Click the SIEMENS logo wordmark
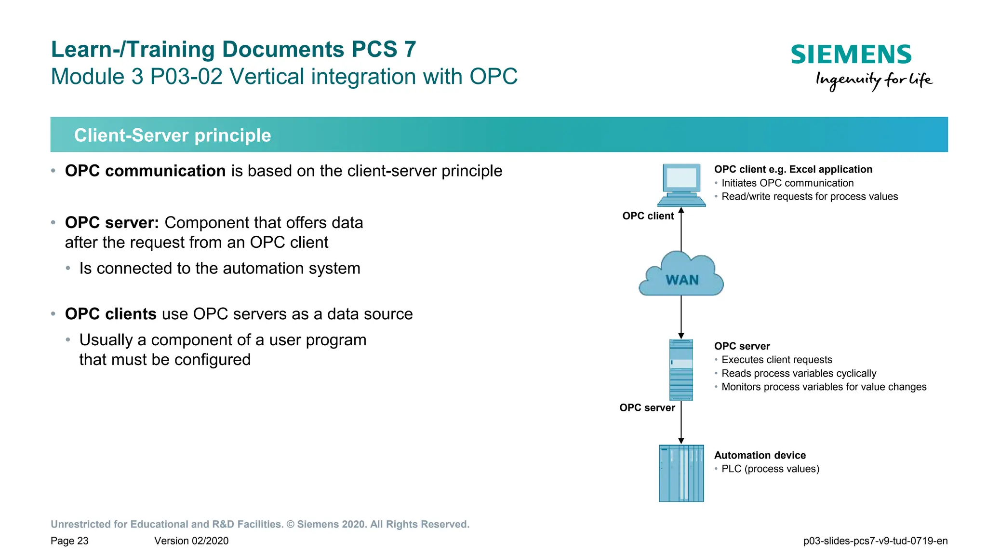coord(851,54)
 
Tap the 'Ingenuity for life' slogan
coord(874,80)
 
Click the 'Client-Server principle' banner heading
coord(173,135)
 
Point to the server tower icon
coord(681,370)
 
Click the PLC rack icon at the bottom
coord(681,473)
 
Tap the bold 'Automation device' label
coord(760,455)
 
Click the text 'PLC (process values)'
coord(770,469)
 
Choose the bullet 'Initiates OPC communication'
coord(787,183)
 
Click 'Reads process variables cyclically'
coord(799,373)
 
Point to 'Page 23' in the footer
coord(69,541)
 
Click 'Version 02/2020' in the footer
coord(191,541)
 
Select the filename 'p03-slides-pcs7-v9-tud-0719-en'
coord(875,541)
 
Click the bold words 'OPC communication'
coord(145,171)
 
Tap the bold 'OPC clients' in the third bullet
coord(110,314)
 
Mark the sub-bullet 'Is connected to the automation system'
coord(220,269)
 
